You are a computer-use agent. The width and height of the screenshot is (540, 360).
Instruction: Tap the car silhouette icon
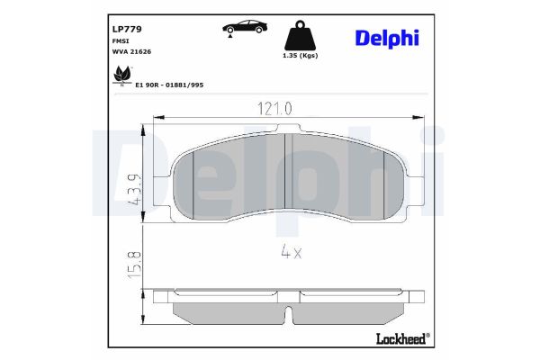point(240,27)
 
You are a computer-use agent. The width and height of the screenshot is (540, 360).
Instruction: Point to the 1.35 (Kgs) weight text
point(299,58)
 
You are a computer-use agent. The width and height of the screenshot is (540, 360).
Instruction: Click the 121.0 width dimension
point(275,108)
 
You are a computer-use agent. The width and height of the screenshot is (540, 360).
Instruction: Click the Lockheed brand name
point(398,339)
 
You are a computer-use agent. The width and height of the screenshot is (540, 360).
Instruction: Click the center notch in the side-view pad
point(288,316)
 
